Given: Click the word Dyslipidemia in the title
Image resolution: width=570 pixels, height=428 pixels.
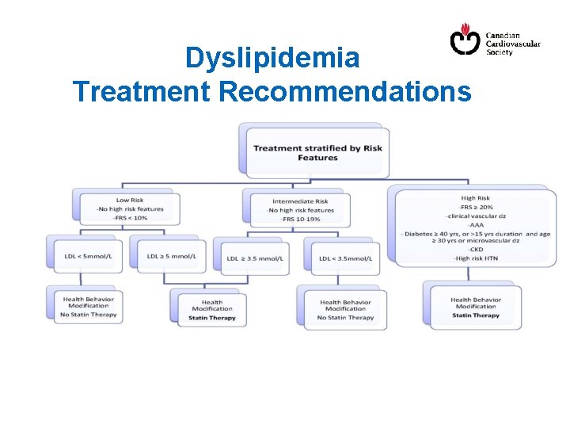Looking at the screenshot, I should point(272,58).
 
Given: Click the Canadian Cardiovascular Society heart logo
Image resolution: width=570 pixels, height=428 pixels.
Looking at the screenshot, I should point(465,39).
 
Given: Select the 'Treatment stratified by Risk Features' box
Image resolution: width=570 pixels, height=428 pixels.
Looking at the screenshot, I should point(317,152).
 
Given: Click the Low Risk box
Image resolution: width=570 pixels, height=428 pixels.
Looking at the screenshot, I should point(129,209).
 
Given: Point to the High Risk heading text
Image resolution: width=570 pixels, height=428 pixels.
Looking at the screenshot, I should point(475,198).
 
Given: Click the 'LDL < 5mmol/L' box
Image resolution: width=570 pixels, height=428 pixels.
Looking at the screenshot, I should point(88,256).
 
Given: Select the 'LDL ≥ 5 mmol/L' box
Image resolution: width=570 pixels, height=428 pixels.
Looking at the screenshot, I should point(171,256).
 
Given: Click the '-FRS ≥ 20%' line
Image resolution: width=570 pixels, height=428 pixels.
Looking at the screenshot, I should point(475,207).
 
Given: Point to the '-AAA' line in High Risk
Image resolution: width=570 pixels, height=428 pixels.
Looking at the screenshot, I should point(475,224).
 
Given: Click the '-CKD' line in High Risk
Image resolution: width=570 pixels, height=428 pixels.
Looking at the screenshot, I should point(475,250).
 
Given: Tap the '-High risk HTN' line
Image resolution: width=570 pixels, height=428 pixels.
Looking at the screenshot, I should point(475,258).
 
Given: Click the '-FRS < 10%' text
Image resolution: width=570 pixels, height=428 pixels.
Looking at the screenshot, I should point(130,218).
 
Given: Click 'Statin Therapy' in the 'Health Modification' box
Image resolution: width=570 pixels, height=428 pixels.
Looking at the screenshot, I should point(212,318).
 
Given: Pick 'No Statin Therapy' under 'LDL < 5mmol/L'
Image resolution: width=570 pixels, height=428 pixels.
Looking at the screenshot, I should point(88,315).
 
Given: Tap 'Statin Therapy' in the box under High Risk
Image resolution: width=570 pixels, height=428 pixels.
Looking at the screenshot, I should point(476,315).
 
